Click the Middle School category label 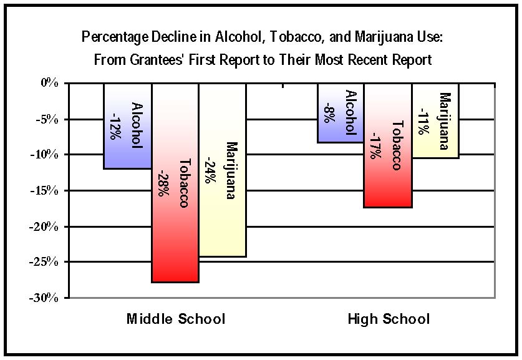[x=176, y=319]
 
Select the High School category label [x=389, y=319]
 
